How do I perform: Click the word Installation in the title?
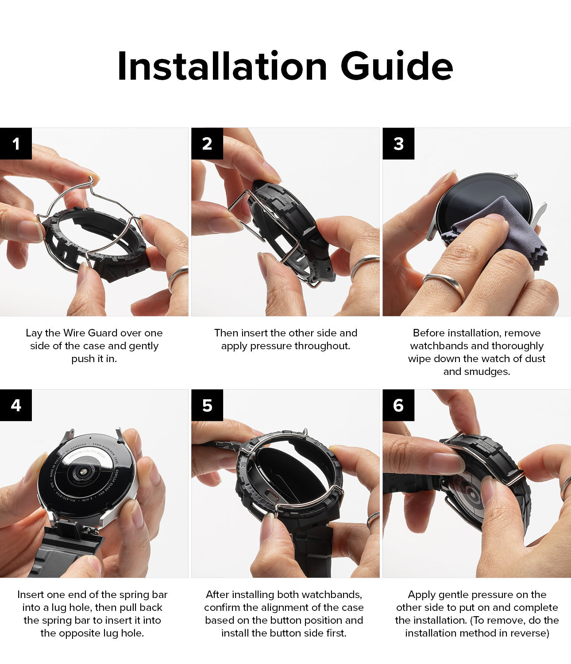tap(222, 66)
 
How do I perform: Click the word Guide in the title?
tap(397, 66)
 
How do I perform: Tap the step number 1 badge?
tap(16, 143)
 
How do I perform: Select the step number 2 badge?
tap(207, 143)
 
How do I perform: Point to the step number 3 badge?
tap(398, 143)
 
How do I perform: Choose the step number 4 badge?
tap(16, 405)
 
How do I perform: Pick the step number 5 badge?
tap(207, 405)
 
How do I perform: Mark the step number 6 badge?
tap(398, 405)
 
